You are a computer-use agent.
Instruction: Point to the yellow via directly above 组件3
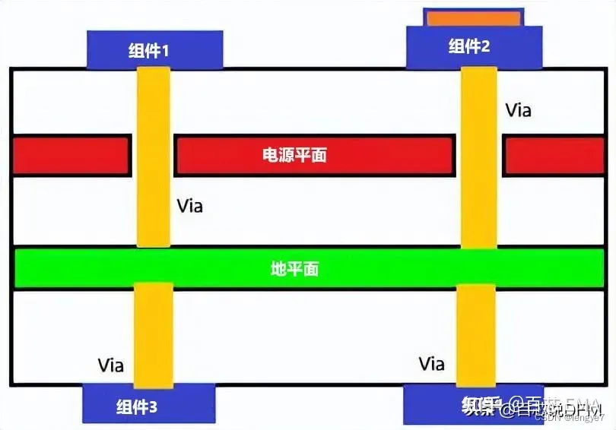(x=153, y=334)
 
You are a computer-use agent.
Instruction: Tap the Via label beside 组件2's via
(x=519, y=110)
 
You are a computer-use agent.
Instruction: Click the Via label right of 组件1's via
(x=190, y=205)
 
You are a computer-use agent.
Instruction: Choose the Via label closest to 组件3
(x=111, y=365)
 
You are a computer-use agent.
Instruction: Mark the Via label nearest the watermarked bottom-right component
(x=432, y=363)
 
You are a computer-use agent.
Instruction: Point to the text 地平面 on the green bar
(x=294, y=268)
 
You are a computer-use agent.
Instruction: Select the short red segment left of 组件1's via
(x=70, y=155)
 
